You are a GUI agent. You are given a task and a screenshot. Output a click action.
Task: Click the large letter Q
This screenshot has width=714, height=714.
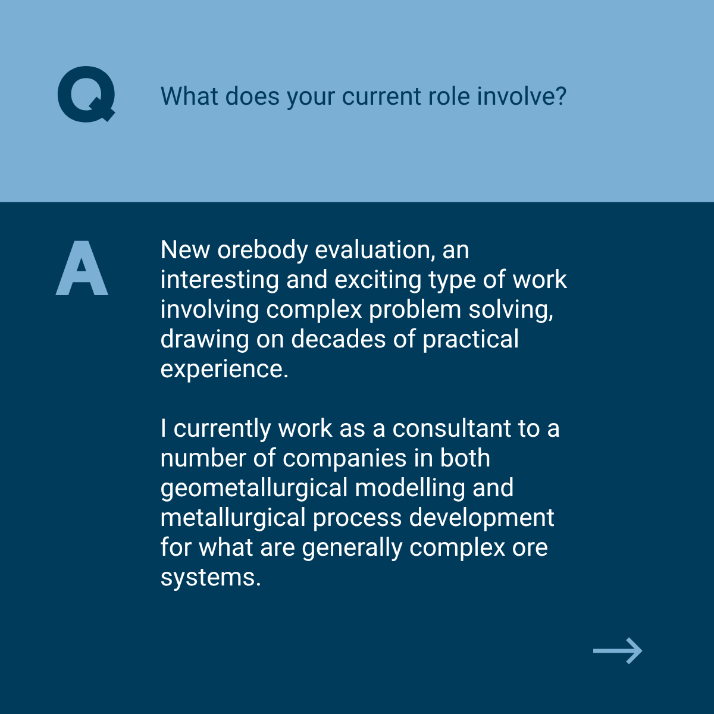tap(86, 94)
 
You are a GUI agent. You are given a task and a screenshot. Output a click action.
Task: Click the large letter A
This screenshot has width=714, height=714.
tap(82, 268)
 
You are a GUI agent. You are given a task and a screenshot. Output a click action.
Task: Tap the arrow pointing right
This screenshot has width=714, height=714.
tap(617, 651)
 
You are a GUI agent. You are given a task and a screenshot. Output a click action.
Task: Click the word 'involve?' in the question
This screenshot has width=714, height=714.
tap(522, 96)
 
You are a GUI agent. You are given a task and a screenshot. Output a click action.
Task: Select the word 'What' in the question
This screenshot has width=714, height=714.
tap(189, 96)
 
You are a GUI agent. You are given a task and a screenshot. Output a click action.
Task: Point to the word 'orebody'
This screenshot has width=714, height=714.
tap(263, 250)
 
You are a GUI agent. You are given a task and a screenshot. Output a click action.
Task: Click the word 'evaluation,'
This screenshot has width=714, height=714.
tap(375, 250)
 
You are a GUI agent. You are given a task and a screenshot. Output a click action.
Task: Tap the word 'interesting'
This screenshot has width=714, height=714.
tap(220, 280)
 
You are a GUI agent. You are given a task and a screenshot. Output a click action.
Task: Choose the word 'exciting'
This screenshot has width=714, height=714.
tap(378, 280)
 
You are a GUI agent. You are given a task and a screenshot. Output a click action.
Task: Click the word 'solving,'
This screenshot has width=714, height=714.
tap(511, 310)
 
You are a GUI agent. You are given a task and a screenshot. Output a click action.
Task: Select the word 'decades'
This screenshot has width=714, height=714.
tap(339, 339)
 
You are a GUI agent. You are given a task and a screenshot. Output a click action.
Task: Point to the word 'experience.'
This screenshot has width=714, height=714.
tap(224, 369)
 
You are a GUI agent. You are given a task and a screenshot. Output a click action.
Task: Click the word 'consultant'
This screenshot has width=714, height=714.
tap(452, 428)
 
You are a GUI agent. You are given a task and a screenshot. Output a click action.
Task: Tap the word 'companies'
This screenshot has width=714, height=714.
tap(345, 459)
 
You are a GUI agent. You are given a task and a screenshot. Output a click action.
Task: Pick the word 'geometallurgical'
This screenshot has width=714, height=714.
tap(254, 488)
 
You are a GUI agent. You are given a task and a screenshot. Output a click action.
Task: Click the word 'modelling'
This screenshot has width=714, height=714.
tap(410, 488)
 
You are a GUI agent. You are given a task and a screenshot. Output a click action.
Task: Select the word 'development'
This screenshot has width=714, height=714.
tap(482, 518)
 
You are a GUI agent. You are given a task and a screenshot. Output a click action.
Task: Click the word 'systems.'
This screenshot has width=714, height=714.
tap(211, 578)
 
